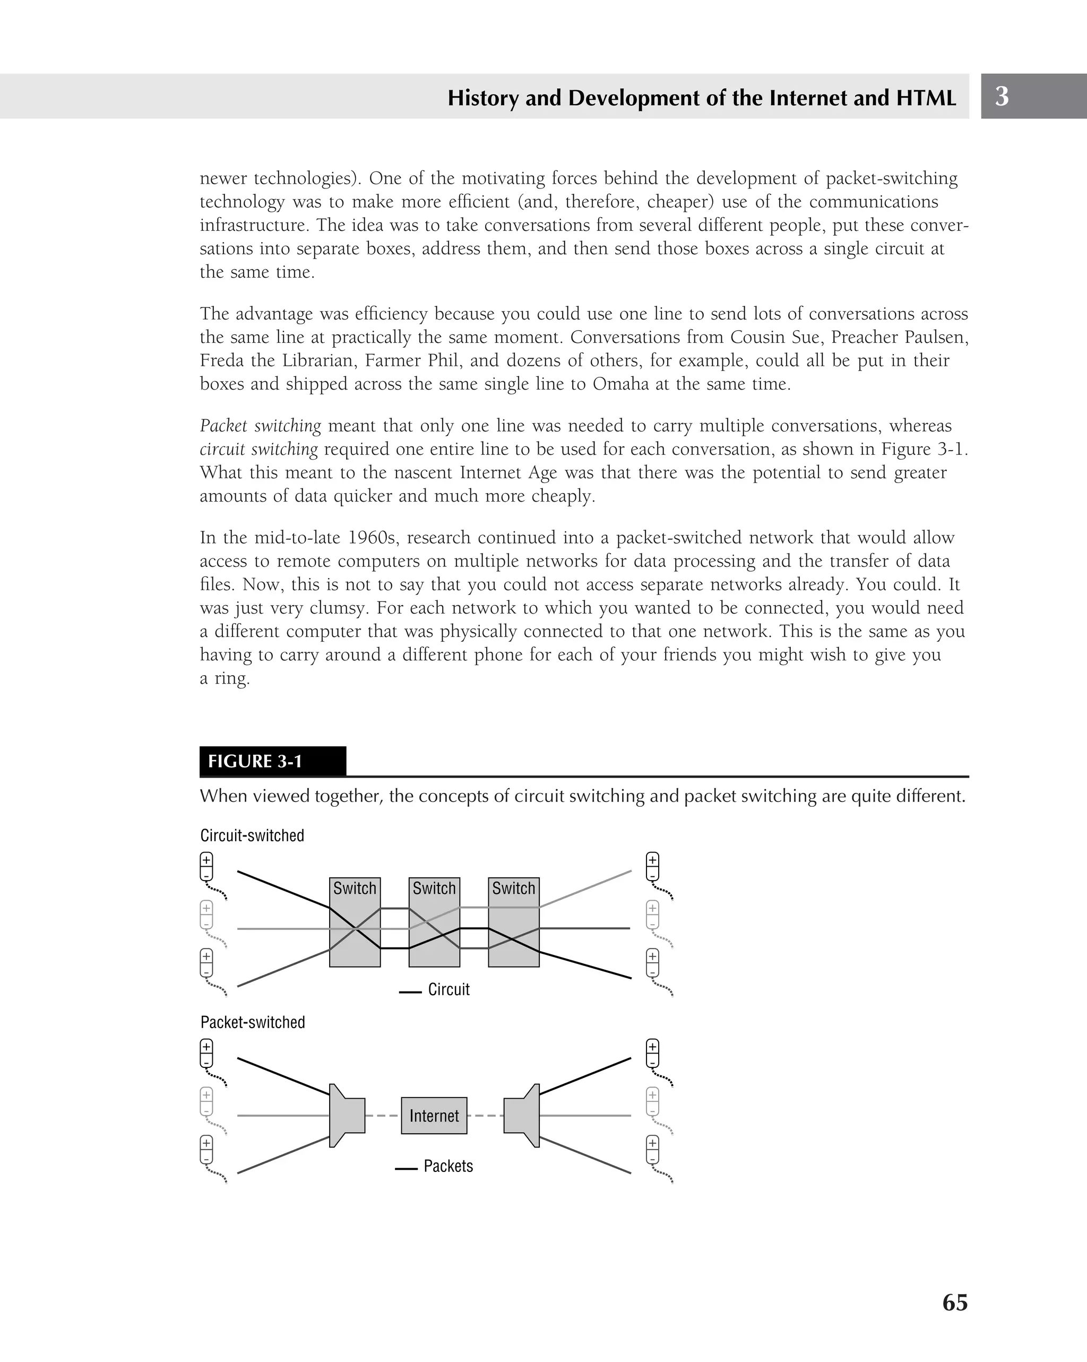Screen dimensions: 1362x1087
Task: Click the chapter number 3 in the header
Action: [x=1002, y=96]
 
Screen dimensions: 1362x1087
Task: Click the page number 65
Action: [x=954, y=1302]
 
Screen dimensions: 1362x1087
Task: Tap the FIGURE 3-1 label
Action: [x=255, y=761]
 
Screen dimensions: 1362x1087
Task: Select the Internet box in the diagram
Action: [x=434, y=1116]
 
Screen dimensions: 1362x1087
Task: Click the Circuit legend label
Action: [x=448, y=989]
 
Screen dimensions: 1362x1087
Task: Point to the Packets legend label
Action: [x=448, y=1166]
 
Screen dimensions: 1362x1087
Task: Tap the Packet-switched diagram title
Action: [x=253, y=1022]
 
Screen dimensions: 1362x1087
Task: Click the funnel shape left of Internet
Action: [x=346, y=1116]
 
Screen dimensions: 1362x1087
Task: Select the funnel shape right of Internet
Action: [x=522, y=1116]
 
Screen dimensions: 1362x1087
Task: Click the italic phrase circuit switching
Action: [x=259, y=449]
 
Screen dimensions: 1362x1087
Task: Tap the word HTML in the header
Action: [x=926, y=98]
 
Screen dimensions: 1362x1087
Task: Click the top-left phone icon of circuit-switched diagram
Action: [x=206, y=867]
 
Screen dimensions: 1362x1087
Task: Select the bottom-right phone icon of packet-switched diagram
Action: [x=652, y=1150]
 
